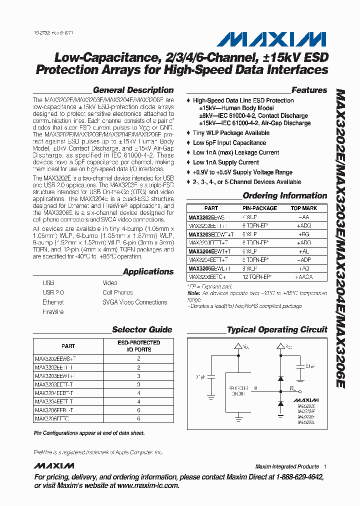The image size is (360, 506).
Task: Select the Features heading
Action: (x=309, y=90)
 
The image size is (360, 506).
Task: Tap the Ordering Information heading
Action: (x=284, y=196)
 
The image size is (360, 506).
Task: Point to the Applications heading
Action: (x=148, y=272)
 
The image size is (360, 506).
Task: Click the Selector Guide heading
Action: (x=142, y=329)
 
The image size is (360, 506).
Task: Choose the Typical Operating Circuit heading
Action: (x=277, y=329)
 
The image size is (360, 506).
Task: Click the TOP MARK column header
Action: (x=303, y=208)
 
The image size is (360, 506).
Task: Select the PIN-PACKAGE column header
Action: (x=259, y=208)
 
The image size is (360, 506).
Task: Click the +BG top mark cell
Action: (x=303, y=234)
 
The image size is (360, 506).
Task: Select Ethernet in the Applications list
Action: (x=53, y=302)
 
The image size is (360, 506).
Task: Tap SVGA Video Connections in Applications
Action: (x=134, y=302)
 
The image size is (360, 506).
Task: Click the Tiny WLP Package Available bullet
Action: (x=231, y=133)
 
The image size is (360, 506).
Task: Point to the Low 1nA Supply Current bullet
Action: (x=225, y=162)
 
